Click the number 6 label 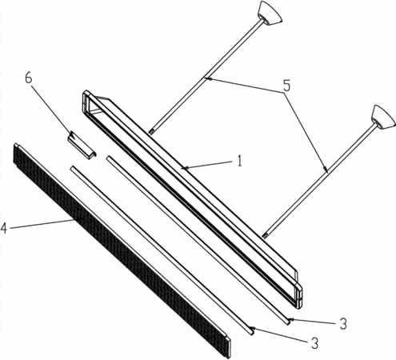pyautogui.click(x=29, y=78)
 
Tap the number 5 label pyautogui.click(x=286, y=86)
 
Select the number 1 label pyautogui.click(x=239, y=161)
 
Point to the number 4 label pyautogui.click(x=4, y=228)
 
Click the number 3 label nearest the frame pyautogui.click(x=343, y=324)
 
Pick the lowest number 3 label pyautogui.click(x=315, y=344)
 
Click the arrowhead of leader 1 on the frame pyautogui.click(x=184, y=168)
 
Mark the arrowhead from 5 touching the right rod pyautogui.click(x=325, y=168)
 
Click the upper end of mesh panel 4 pyautogui.click(x=17, y=146)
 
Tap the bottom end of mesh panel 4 pyautogui.click(x=228, y=346)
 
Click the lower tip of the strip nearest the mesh pyautogui.click(x=251, y=332)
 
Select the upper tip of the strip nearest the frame pyautogui.click(x=108, y=158)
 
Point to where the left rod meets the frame pyautogui.click(x=151, y=131)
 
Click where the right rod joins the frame pyautogui.click(x=265, y=235)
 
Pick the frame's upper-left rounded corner pyautogui.click(x=86, y=94)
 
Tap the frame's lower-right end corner pyautogui.click(x=300, y=306)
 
